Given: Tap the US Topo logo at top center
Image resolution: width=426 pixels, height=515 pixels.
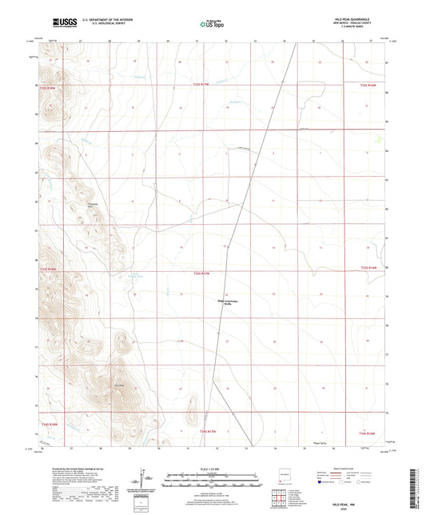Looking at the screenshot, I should tap(212, 25).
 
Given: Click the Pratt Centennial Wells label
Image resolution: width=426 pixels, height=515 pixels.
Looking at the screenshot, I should tap(228, 302).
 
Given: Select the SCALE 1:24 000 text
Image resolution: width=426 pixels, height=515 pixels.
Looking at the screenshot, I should tap(212, 468).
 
